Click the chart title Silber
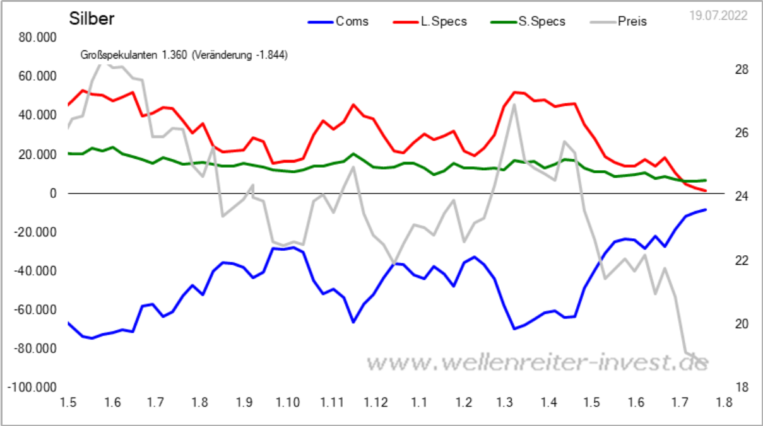point(92,19)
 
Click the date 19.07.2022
point(718,16)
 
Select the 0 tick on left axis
point(53,193)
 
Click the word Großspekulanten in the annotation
point(119,55)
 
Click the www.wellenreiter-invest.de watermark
point(537,362)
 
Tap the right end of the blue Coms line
point(705,210)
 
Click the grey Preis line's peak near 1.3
point(514,105)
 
